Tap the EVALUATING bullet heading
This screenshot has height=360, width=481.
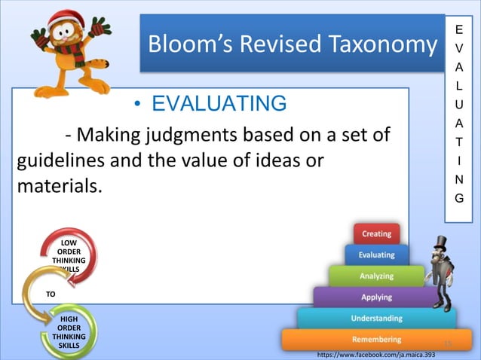click(219, 103)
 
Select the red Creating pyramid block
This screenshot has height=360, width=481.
click(376, 234)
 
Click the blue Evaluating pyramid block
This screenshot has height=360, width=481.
click(376, 255)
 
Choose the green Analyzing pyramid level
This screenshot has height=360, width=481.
click(376, 276)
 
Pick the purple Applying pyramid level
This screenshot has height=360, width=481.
click(376, 297)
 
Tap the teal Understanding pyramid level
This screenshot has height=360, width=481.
click(376, 319)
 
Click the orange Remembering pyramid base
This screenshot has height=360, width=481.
click(376, 340)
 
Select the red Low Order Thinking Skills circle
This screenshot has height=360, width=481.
click(69, 255)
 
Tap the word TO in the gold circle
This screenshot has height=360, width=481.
click(50, 294)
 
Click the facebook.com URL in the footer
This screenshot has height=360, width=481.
click(376, 353)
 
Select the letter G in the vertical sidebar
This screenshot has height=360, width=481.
click(460, 199)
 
